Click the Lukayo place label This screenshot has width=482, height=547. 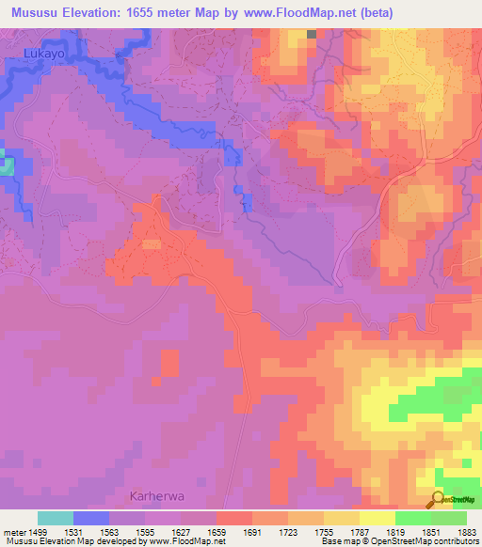point(41,55)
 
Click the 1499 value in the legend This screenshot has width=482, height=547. point(38,532)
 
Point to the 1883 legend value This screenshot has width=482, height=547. point(468,532)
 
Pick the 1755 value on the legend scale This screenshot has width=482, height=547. point(324,532)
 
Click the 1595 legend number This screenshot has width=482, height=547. point(145,532)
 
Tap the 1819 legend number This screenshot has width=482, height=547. point(395,532)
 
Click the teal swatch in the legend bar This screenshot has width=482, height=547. point(56,518)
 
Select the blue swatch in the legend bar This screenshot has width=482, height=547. point(91,518)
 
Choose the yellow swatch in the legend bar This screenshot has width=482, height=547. point(378,518)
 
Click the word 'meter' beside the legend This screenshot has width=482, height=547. point(13,532)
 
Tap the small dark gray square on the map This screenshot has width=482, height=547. point(312,35)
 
